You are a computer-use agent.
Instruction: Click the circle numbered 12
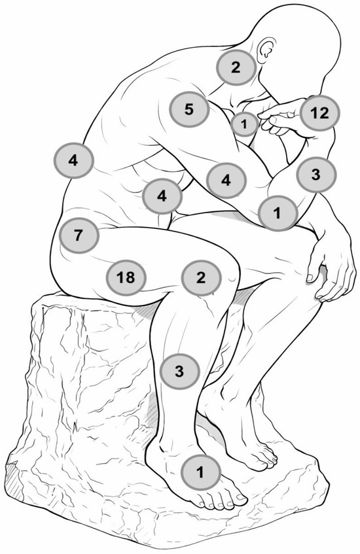click(x=319, y=113)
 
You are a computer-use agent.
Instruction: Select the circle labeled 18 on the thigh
click(x=126, y=278)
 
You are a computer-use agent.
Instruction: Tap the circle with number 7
click(x=79, y=235)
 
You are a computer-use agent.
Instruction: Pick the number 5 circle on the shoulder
click(x=190, y=109)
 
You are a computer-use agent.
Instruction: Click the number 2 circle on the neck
click(x=236, y=67)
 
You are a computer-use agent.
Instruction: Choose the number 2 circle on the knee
click(x=201, y=278)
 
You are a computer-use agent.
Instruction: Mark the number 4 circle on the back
click(x=73, y=160)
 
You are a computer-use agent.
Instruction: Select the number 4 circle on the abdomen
click(x=162, y=196)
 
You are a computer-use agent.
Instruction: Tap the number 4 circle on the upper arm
click(x=226, y=180)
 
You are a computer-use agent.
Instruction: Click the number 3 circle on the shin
click(x=179, y=372)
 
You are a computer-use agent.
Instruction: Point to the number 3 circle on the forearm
click(x=316, y=175)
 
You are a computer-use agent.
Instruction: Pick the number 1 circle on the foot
click(x=200, y=472)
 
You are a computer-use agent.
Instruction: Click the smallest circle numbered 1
click(x=244, y=124)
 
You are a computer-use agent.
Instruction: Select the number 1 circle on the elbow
click(x=278, y=213)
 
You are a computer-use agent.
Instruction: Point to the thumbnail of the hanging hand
click(x=310, y=277)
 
